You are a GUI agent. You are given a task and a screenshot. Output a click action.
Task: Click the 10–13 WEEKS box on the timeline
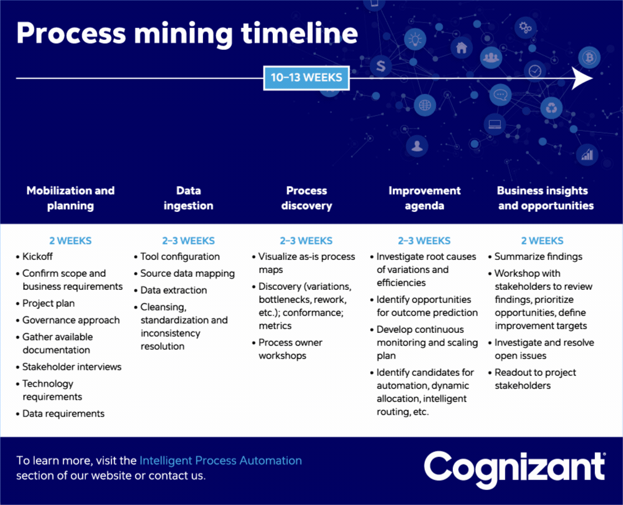pos(307,78)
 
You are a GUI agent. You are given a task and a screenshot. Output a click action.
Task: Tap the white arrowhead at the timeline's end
pos(582,78)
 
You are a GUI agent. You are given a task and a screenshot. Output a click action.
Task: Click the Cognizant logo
pos(515,469)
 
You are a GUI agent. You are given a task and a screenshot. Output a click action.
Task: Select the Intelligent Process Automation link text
pos(221,461)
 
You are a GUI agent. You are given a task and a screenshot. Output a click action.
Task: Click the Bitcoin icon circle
pos(589,58)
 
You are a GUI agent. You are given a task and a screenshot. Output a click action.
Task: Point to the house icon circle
pos(461,48)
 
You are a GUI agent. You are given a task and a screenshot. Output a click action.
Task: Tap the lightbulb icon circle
pos(415,39)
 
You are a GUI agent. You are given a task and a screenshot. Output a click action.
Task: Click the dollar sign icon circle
pos(381,65)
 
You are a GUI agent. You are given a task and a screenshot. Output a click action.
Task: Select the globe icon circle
pos(425,105)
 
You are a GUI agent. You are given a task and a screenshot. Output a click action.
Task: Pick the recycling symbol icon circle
pos(551,108)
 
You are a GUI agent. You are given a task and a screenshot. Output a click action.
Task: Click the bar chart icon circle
pos(587,155)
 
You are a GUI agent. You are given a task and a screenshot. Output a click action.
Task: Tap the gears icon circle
pos(525,27)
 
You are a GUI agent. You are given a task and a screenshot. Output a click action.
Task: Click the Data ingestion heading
pos(188,198)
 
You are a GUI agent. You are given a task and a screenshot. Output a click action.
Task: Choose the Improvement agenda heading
pos(424,198)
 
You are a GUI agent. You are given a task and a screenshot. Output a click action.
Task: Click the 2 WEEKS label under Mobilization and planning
pos(70,241)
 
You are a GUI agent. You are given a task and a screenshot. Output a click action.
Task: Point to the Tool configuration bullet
pos(177,257)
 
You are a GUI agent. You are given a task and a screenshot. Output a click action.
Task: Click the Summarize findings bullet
pos(535,257)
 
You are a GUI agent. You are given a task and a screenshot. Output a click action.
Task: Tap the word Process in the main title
pos(71,33)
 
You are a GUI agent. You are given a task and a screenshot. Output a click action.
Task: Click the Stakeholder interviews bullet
pos(69,367)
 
